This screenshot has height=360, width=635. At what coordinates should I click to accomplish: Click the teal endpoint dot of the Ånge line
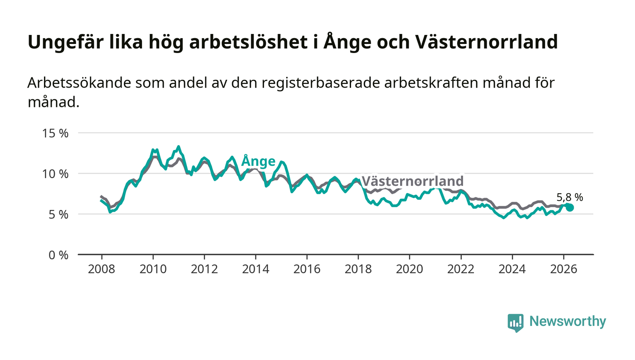(570, 208)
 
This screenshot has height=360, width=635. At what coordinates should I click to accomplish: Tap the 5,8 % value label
(570, 197)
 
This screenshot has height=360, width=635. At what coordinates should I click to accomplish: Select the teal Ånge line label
(258, 161)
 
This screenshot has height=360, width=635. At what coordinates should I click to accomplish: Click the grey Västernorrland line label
(413, 181)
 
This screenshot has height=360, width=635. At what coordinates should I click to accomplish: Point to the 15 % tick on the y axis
(55, 133)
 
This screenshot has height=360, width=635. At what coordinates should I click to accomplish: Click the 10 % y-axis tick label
(55, 174)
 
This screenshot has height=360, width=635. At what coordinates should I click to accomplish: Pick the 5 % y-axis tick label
(59, 214)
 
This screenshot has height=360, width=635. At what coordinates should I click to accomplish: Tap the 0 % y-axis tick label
(59, 255)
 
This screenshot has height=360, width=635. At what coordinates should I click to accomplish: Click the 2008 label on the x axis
(102, 269)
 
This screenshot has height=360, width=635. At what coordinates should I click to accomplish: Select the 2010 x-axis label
(153, 269)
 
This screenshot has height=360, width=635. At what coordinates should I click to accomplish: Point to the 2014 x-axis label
(256, 269)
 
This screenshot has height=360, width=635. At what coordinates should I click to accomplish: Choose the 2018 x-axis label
(358, 269)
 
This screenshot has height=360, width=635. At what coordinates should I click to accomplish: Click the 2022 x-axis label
(461, 269)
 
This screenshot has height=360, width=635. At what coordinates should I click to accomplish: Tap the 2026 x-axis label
(563, 269)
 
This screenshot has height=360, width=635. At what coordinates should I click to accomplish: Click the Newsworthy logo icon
(515, 323)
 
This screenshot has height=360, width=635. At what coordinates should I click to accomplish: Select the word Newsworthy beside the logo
(568, 321)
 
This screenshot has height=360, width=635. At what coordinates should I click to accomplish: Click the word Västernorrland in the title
(486, 42)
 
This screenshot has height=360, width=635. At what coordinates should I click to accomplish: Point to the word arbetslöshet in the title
(249, 42)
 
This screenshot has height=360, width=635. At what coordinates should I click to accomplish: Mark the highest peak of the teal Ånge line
(178, 146)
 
